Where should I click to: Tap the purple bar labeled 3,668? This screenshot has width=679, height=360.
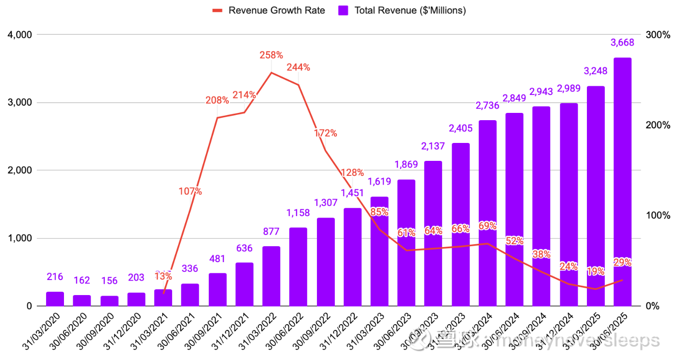click(x=622, y=182)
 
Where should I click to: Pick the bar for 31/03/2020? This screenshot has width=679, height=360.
click(x=55, y=298)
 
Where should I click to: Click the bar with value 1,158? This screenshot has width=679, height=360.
click(x=298, y=266)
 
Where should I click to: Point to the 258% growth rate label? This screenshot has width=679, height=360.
click(x=271, y=55)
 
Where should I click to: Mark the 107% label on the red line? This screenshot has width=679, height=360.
click(x=190, y=191)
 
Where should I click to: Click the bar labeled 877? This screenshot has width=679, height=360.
click(x=271, y=276)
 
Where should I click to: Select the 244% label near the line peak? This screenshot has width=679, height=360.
click(x=298, y=67)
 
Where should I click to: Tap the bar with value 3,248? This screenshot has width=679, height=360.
click(x=595, y=196)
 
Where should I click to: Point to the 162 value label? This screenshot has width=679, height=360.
click(x=82, y=281)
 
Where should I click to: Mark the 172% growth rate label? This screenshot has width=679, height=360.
click(x=325, y=133)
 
